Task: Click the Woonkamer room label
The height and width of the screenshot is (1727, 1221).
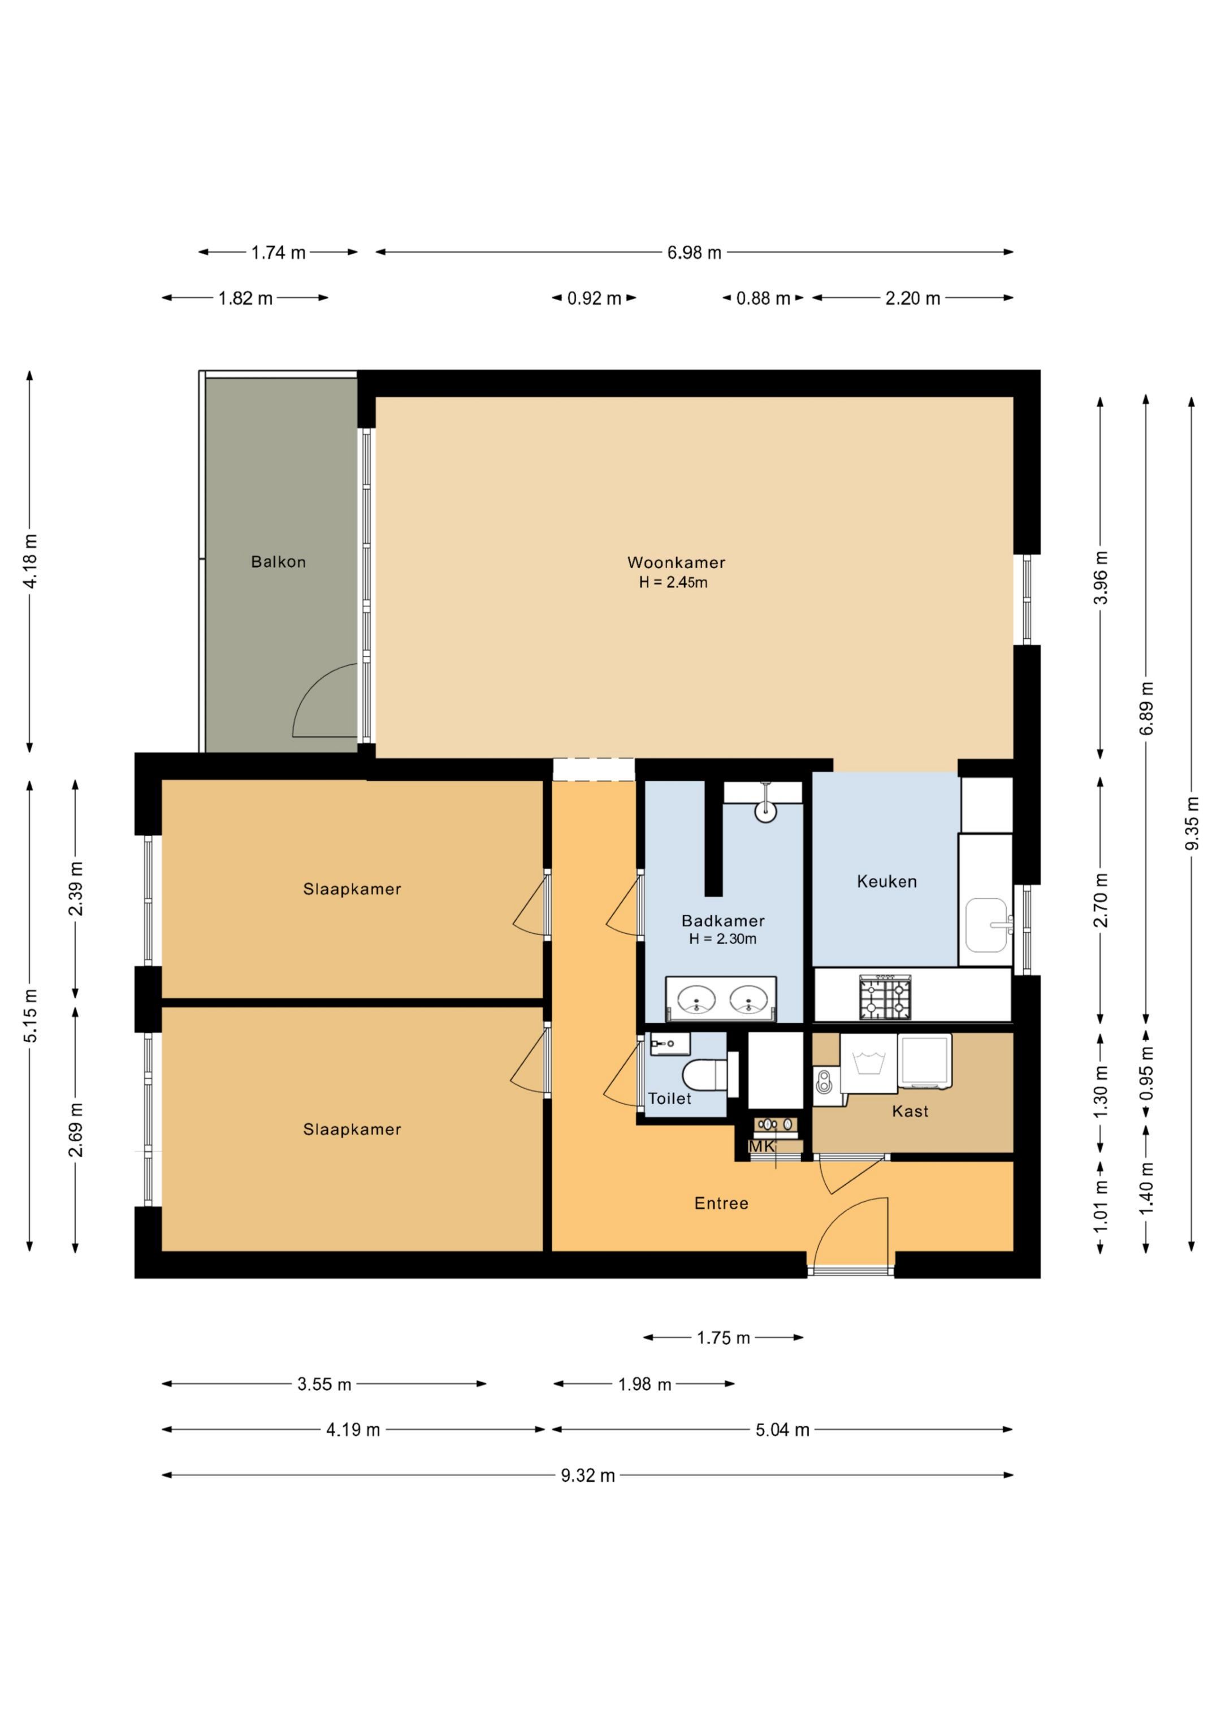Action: [676, 562]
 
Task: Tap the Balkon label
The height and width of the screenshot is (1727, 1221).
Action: [278, 561]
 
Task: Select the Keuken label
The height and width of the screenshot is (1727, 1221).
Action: [887, 881]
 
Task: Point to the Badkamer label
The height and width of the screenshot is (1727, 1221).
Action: [723, 921]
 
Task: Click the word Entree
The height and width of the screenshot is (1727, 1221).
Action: [721, 1204]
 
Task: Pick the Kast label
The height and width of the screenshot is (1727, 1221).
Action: [910, 1112]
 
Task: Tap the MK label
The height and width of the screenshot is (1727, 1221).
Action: [761, 1146]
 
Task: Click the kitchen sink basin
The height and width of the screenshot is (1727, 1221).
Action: [986, 924]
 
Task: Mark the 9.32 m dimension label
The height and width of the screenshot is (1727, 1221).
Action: [587, 1476]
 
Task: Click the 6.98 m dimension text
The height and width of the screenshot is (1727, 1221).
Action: [694, 253]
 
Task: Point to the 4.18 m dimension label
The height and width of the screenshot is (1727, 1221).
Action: [30, 561]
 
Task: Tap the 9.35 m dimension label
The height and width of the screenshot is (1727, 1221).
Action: [1192, 824]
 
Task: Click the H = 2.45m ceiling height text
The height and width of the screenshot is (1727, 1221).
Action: [673, 582]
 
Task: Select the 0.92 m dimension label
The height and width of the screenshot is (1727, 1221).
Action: [594, 298]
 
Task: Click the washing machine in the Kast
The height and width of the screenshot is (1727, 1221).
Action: [869, 1063]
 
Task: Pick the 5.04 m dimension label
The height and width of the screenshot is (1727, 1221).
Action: [782, 1430]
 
